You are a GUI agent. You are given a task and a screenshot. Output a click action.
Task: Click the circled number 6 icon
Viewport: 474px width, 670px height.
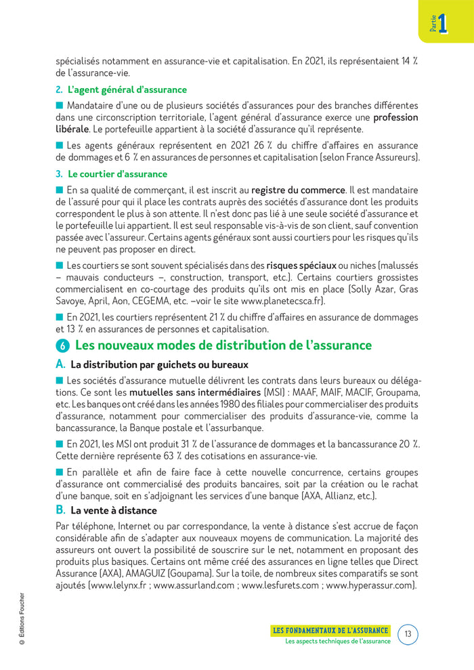coord(62,346)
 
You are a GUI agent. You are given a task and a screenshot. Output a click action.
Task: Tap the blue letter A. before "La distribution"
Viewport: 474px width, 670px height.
coord(60,364)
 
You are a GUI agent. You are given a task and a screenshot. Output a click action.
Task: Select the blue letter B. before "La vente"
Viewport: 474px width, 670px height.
coord(60,510)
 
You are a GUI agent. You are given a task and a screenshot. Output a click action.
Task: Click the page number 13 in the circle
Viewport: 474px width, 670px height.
coord(408,634)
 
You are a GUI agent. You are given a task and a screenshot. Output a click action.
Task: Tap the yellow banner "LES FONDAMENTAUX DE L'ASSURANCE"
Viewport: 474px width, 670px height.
coord(330,630)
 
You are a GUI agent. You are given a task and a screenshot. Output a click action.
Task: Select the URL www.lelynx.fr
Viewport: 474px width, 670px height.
coord(120,585)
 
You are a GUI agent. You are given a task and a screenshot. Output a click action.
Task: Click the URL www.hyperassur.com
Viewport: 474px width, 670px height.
coord(370,585)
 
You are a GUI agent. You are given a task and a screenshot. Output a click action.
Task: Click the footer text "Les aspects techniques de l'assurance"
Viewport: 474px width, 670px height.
coord(337,642)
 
